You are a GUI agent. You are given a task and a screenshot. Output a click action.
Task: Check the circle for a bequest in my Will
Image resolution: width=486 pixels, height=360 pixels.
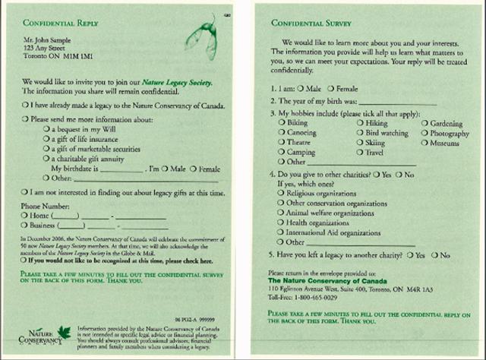pos(47,131)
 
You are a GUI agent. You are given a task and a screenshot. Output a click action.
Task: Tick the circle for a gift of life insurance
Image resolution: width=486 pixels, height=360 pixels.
pos(47,141)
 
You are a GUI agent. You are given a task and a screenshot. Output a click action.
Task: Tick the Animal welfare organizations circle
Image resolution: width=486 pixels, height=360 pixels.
pos(281,214)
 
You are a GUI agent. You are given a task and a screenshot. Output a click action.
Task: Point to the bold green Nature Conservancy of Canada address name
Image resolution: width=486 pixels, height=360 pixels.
pos(327,282)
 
